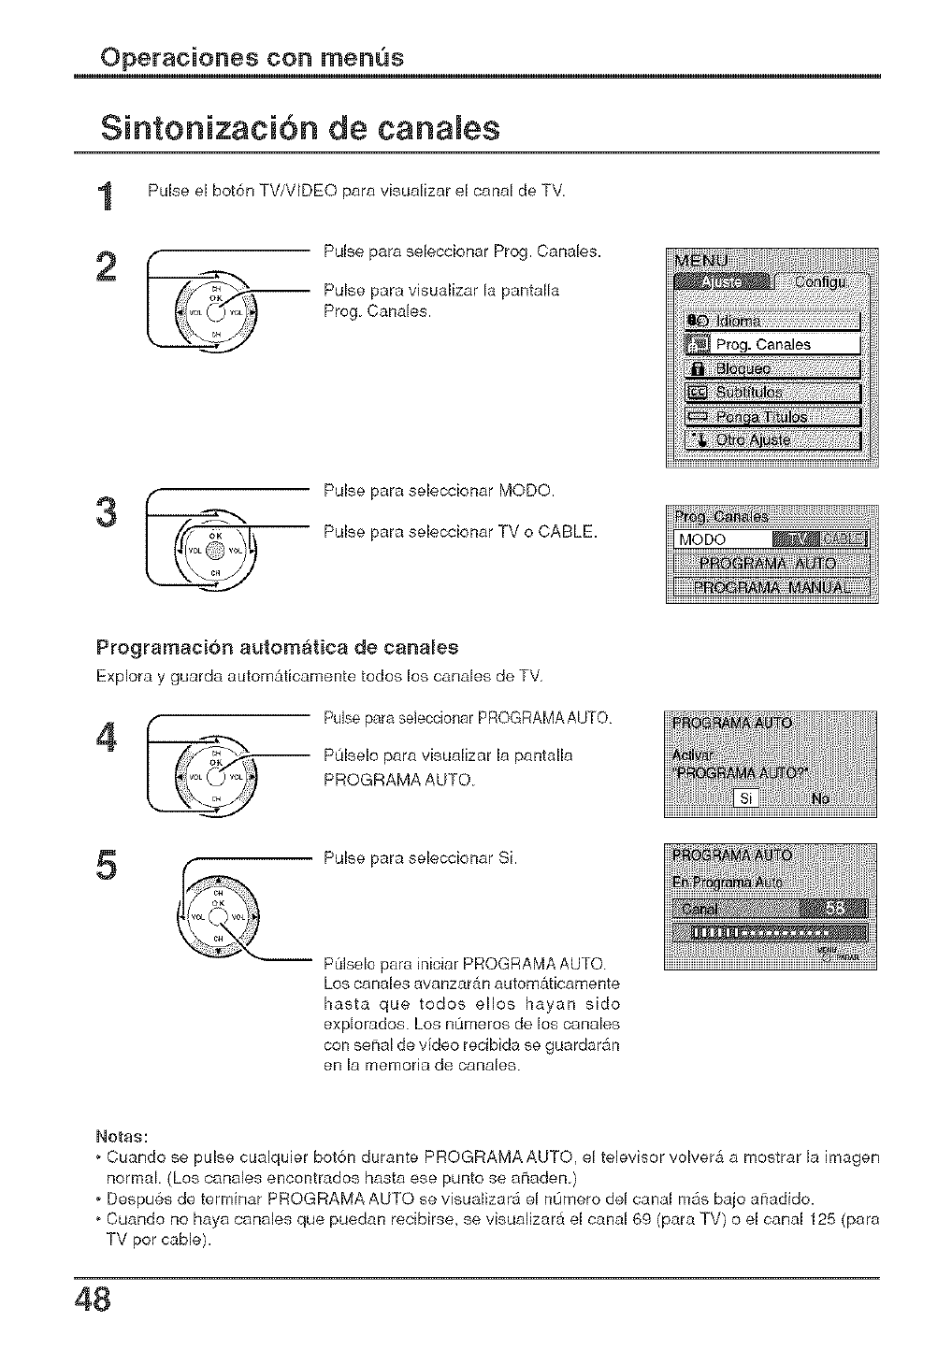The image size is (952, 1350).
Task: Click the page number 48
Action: tap(93, 1300)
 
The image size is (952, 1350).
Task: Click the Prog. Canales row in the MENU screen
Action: tap(772, 344)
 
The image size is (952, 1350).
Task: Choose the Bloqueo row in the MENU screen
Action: tap(772, 368)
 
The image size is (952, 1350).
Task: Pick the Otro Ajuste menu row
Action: tap(772, 439)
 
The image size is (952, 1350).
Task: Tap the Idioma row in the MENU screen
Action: tap(772, 321)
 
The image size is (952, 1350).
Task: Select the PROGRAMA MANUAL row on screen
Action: tap(772, 587)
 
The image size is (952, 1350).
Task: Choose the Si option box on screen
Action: tap(745, 798)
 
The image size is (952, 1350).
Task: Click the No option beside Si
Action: tap(820, 798)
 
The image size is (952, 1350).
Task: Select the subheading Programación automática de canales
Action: tap(277, 647)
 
